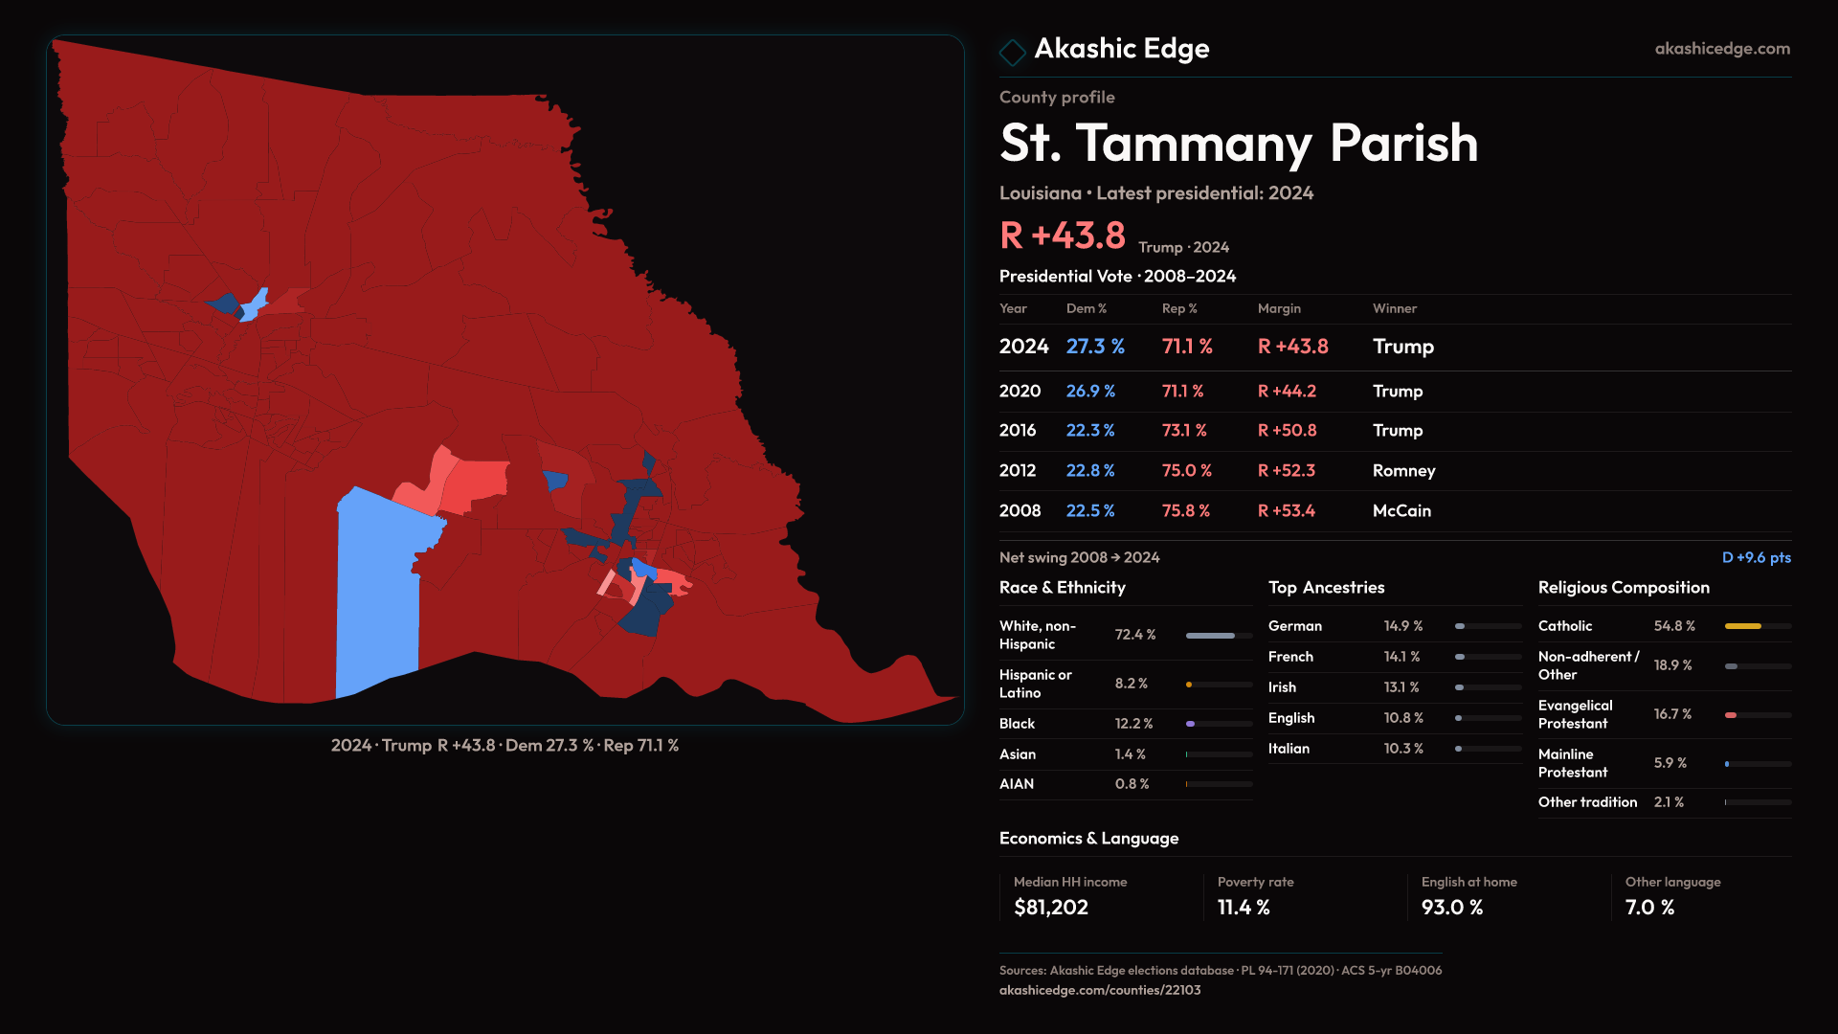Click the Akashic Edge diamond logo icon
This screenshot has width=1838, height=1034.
[1012, 51]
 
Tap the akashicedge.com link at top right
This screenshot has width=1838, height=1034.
[1721, 49]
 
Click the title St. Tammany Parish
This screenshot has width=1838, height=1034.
[1238, 144]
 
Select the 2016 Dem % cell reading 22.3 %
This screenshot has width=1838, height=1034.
[1089, 431]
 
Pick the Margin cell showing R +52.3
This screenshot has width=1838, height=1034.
[1286, 471]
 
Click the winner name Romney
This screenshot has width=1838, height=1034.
[1403, 471]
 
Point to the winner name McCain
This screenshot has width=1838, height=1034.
[1401, 511]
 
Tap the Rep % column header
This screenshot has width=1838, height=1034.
[1178, 308]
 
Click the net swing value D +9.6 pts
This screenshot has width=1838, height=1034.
[1756, 557]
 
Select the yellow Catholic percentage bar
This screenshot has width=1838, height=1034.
[1742, 626]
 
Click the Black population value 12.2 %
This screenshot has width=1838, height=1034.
[1133, 724]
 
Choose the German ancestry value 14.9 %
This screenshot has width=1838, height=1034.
[1402, 626]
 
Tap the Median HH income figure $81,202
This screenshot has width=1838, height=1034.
[1050, 908]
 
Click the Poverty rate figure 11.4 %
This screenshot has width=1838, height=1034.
[1243, 908]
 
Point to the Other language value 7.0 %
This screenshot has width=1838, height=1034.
[1649, 908]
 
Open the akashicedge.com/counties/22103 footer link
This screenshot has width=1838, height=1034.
[1099, 990]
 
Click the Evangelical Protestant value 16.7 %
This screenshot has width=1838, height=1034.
[1672, 714]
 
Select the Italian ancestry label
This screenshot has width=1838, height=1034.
[1289, 749]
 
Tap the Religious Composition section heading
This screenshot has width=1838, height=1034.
[1623, 588]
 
